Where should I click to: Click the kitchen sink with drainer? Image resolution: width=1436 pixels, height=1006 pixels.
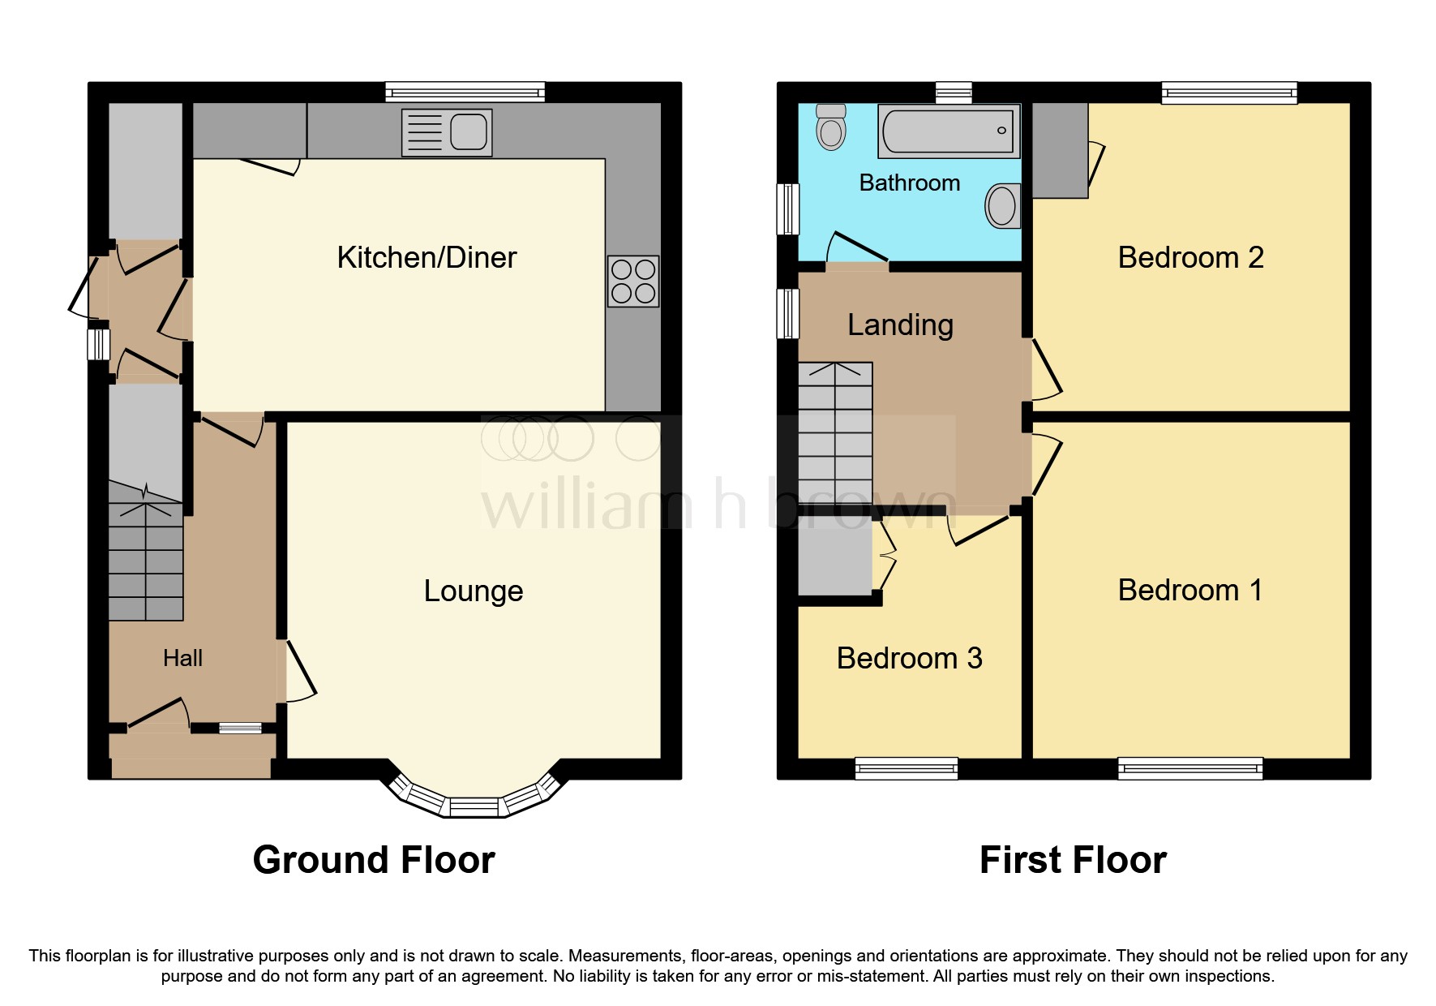[447, 132]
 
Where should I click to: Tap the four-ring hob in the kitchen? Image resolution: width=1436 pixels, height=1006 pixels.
[633, 282]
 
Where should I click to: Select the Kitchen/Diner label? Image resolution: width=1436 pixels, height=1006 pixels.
[427, 258]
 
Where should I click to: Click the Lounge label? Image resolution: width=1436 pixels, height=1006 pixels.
[474, 591]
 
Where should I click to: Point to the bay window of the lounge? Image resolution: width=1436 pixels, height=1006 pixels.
[474, 803]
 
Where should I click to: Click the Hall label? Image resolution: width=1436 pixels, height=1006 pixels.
[182, 658]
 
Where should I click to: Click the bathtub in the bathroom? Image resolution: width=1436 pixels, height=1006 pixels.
[949, 131]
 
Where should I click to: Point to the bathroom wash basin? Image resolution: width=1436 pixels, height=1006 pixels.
[1003, 206]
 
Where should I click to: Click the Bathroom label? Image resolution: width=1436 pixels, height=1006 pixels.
[909, 183]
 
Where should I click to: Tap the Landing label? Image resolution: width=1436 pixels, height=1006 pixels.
[900, 325]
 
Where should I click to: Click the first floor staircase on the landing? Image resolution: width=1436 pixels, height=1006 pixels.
[835, 434]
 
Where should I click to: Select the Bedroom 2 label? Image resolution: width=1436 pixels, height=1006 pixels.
[1190, 258]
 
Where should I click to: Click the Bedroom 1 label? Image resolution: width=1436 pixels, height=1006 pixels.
[1190, 591]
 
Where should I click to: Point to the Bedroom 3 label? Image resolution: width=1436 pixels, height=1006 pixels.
[909, 658]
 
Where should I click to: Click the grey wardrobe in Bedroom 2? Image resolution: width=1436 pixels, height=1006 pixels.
[1060, 150]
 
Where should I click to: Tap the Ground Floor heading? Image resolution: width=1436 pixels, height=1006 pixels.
[374, 860]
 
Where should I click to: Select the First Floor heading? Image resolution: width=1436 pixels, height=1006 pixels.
[1073, 860]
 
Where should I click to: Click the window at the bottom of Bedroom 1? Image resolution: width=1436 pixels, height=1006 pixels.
[1190, 767]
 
